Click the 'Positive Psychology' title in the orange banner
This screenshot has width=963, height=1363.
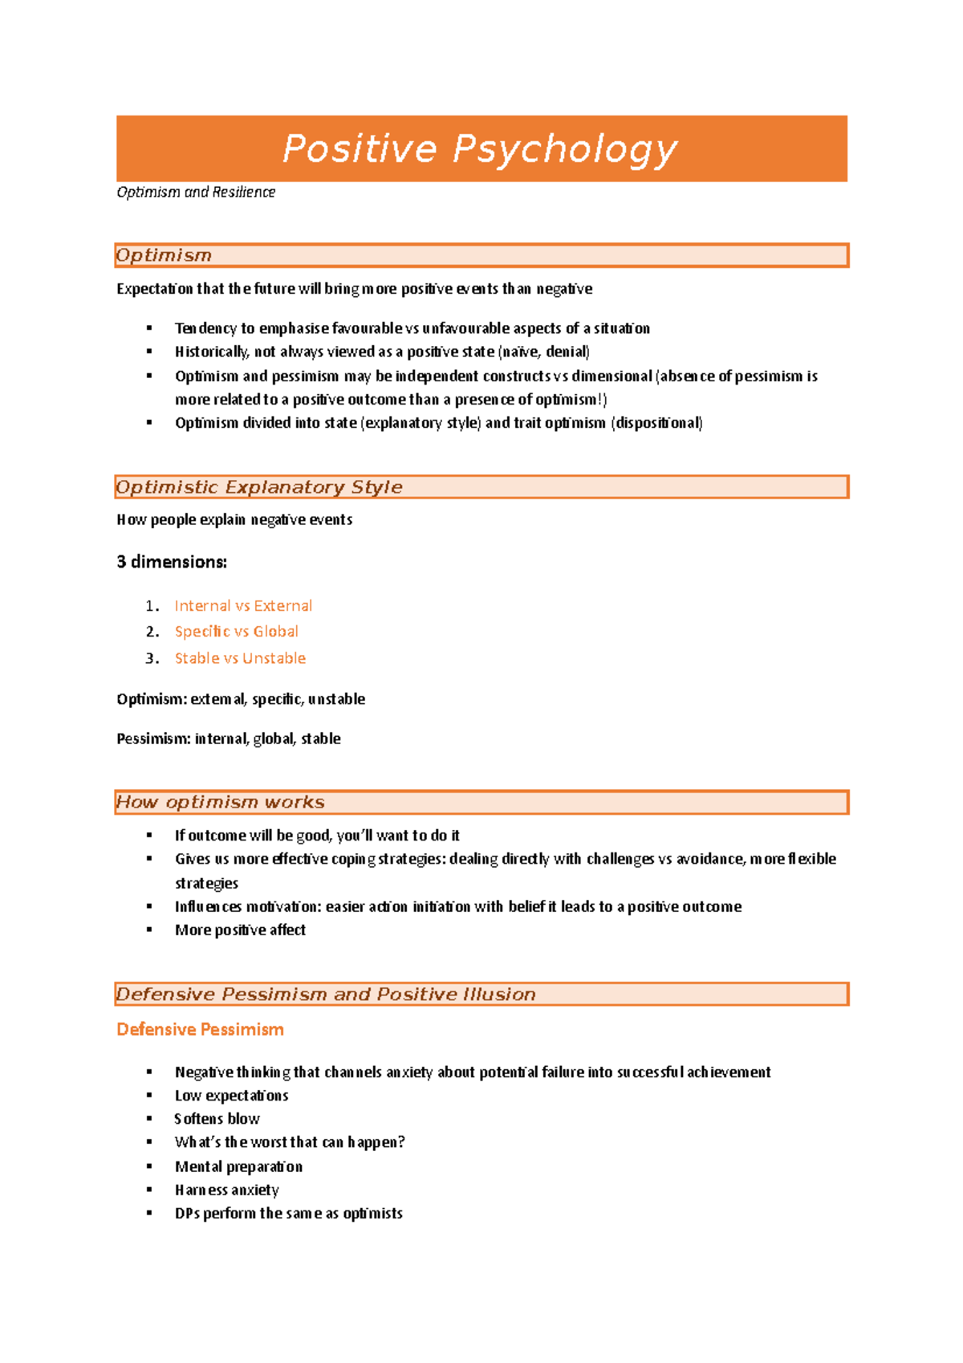tap(480, 149)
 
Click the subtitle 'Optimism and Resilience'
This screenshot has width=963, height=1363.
tap(196, 193)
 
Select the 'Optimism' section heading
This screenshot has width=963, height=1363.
tap(164, 255)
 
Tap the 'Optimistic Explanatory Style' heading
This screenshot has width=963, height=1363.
tap(258, 487)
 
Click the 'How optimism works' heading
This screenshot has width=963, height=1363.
tap(220, 802)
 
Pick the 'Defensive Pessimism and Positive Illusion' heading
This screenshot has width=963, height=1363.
tap(325, 995)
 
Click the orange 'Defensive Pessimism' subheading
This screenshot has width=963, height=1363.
tap(200, 1030)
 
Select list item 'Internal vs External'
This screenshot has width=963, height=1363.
tap(243, 606)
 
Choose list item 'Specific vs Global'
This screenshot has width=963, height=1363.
tap(237, 632)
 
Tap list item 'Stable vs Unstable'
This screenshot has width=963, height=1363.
tap(240, 658)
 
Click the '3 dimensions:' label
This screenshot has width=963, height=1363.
tap(172, 562)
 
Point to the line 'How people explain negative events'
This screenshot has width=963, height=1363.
tap(234, 520)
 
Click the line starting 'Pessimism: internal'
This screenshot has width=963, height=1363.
tap(229, 738)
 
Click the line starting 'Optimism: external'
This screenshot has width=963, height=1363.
tap(241, 699)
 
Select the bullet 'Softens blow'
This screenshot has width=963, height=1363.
tap(217, 1119)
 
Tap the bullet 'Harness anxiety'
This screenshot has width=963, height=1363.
tap(227, 1190)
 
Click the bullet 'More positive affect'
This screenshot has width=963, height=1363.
tap(240, 930)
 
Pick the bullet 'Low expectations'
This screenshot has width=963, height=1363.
tap(231, 1096)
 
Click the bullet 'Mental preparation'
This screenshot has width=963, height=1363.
tap(238, 1167)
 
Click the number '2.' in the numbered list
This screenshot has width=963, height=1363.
tap(152, 632)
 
